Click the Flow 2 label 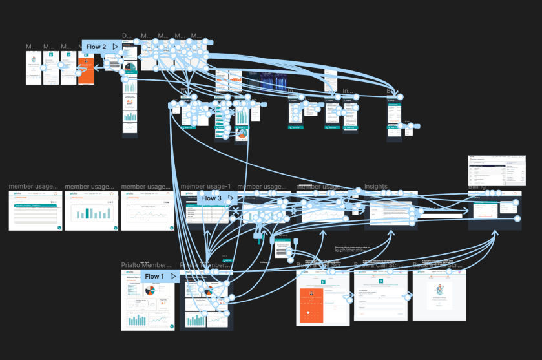[x=96, y=47]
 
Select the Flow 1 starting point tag [x=154, y=276]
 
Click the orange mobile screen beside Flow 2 [x=86, y=67]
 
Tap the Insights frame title [x=376, y=187]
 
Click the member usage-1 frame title [x=205, y=187]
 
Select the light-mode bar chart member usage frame [x=91, y=211]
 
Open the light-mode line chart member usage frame [x=148, y=211]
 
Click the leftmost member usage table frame [x=36, y=211]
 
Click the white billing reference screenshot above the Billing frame [x=494, y=171]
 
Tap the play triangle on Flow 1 [x=172, y=276]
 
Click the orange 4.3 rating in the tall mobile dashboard [x=130, y=101]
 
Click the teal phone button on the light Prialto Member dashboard [x=169, y=326]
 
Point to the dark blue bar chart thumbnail [x=275, y=81]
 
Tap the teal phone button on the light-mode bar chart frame [x=115, y=228]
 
